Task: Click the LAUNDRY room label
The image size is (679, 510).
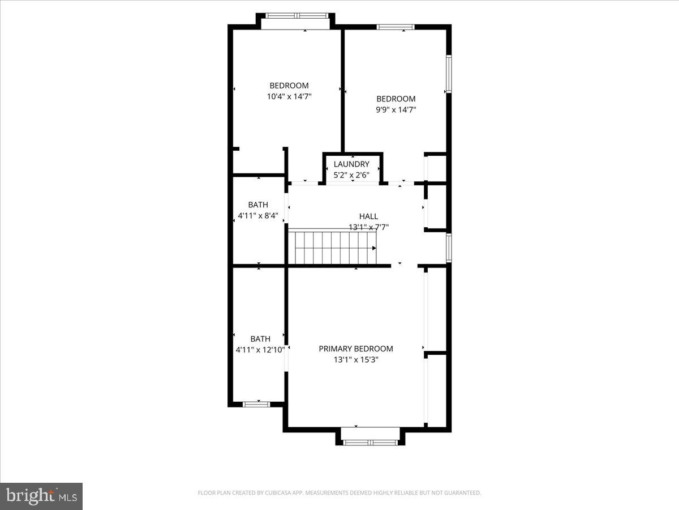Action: coord(351,164)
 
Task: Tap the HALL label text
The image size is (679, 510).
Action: coord(368,216)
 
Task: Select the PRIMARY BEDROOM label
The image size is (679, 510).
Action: coord(356,349)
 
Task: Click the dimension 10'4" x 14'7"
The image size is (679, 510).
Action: coord(289,97)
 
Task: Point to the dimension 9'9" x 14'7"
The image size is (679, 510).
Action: coord(396,110)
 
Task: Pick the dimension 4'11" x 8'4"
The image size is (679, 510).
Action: coord(258,216)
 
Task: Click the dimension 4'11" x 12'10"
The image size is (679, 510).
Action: coord(260,350)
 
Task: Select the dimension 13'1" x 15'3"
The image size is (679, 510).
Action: coord(356,360)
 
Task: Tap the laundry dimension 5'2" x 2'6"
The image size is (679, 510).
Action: coord(351,175)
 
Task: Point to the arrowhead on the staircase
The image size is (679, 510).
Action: coord(374,248)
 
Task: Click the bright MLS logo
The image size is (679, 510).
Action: coord(41,496)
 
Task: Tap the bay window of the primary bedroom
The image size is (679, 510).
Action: coord(371,441)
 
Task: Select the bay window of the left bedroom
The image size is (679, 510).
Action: coord(296,16)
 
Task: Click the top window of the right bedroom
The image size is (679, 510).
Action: coord(396,27)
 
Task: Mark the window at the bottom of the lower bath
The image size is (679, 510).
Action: coord(256,404)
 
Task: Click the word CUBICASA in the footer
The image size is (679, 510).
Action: coord(276,493)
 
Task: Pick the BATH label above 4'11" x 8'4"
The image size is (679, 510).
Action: coord(258,205)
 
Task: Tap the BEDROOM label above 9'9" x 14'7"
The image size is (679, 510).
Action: coord(396,99)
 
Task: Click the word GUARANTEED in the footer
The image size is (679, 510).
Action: coord(461,493)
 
